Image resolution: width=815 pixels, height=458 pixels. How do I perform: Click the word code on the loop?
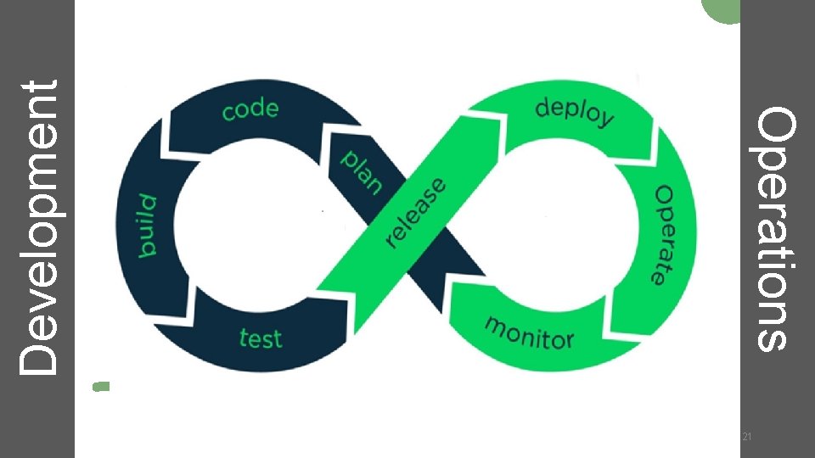[250, 109]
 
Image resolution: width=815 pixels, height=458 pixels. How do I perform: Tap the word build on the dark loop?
[149, 224]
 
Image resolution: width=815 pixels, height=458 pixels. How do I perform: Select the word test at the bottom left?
[260, 338]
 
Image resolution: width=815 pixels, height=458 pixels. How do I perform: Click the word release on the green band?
[416, 212]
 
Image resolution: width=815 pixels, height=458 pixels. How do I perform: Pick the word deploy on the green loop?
[575, 112]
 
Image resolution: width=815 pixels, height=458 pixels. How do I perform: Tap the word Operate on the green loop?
[672, 233]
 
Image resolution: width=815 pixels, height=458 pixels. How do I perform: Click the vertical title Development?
[39, 227]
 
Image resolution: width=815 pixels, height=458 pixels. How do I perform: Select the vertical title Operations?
[777, 227]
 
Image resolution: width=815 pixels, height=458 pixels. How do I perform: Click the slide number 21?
[747, 436]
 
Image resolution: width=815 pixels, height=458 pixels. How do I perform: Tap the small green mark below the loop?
[101, 386]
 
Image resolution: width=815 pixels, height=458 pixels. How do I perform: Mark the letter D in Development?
[39, 358]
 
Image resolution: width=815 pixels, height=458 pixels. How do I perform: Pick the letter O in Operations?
[777, 122]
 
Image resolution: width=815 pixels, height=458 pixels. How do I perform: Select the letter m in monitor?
[496, 325]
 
